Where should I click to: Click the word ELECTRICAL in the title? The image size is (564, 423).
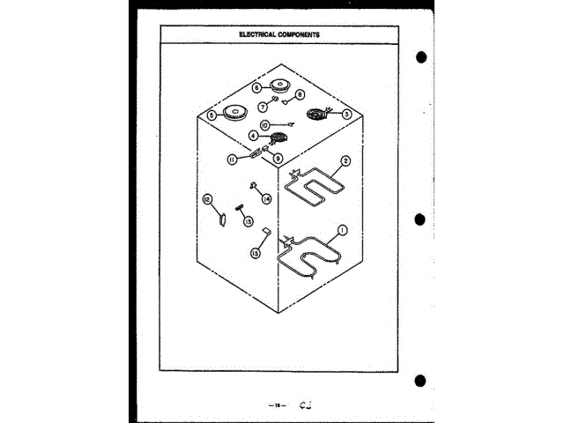click(x=260, y=34)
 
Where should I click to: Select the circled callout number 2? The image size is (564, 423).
click(x=345, y=161)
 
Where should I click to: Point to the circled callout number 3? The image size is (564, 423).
click(x=346, y=114)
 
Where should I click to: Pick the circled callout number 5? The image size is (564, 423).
click(x=211, y=115)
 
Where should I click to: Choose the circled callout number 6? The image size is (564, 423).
click(x=256, y=88)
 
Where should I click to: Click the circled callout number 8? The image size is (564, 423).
click(x=300, y=94)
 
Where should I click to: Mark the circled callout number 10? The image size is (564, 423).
click(x=264, y=126)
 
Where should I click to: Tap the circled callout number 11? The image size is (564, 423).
click(x=232, y=160)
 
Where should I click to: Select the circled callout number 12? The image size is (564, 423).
click(x=208, y=199)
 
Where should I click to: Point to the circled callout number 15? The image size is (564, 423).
click(x=256, y=253)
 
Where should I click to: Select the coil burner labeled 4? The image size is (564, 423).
click(x=278, y=138)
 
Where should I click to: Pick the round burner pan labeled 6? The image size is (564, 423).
click(x=279, y=86)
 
